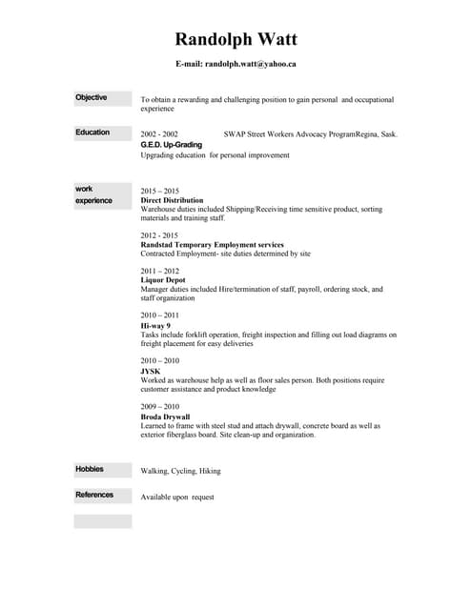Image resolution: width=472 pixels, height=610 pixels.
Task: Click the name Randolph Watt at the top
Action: (x=236, y=39)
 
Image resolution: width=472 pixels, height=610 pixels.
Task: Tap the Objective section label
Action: (x=92, y=97)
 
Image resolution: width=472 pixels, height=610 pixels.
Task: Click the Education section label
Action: (x=92, y=132)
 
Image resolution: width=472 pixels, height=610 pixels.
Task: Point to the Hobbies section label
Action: (x=90, y=469)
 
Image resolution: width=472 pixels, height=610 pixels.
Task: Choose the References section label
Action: (x=94, y=495)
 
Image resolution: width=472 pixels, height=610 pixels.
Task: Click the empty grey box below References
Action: (x=103, y=521)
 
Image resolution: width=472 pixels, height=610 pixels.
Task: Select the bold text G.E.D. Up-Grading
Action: (x=171, y=145)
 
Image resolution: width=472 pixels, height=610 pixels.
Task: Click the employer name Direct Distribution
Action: (x=172, y=201)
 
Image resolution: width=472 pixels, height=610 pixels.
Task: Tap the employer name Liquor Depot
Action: (x=162, y=280)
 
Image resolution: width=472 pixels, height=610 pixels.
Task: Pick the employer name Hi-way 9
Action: (x=155, y=326)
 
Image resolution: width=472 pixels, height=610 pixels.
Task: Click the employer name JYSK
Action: (x=151, y=372)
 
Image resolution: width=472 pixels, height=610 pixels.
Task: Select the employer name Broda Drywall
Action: (x=165, y=417)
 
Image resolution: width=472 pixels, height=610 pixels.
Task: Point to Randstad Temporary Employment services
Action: (x=212, y=245)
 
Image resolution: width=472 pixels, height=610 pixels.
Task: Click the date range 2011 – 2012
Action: (x=159, y=271)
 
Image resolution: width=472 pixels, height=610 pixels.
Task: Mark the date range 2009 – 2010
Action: (x=159, y=406)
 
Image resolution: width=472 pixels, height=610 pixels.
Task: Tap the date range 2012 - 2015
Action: (x=159, y=234)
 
